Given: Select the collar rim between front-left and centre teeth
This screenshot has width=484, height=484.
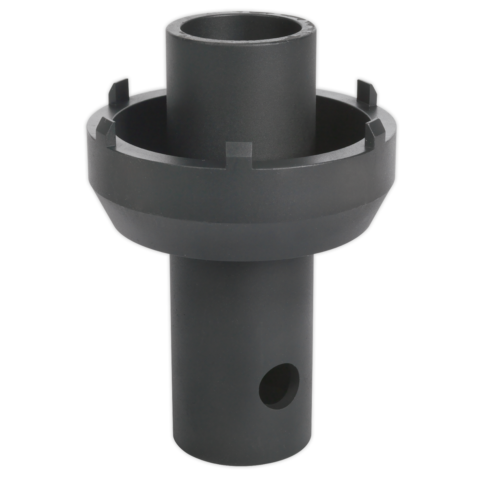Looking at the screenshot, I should coord(169,156).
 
